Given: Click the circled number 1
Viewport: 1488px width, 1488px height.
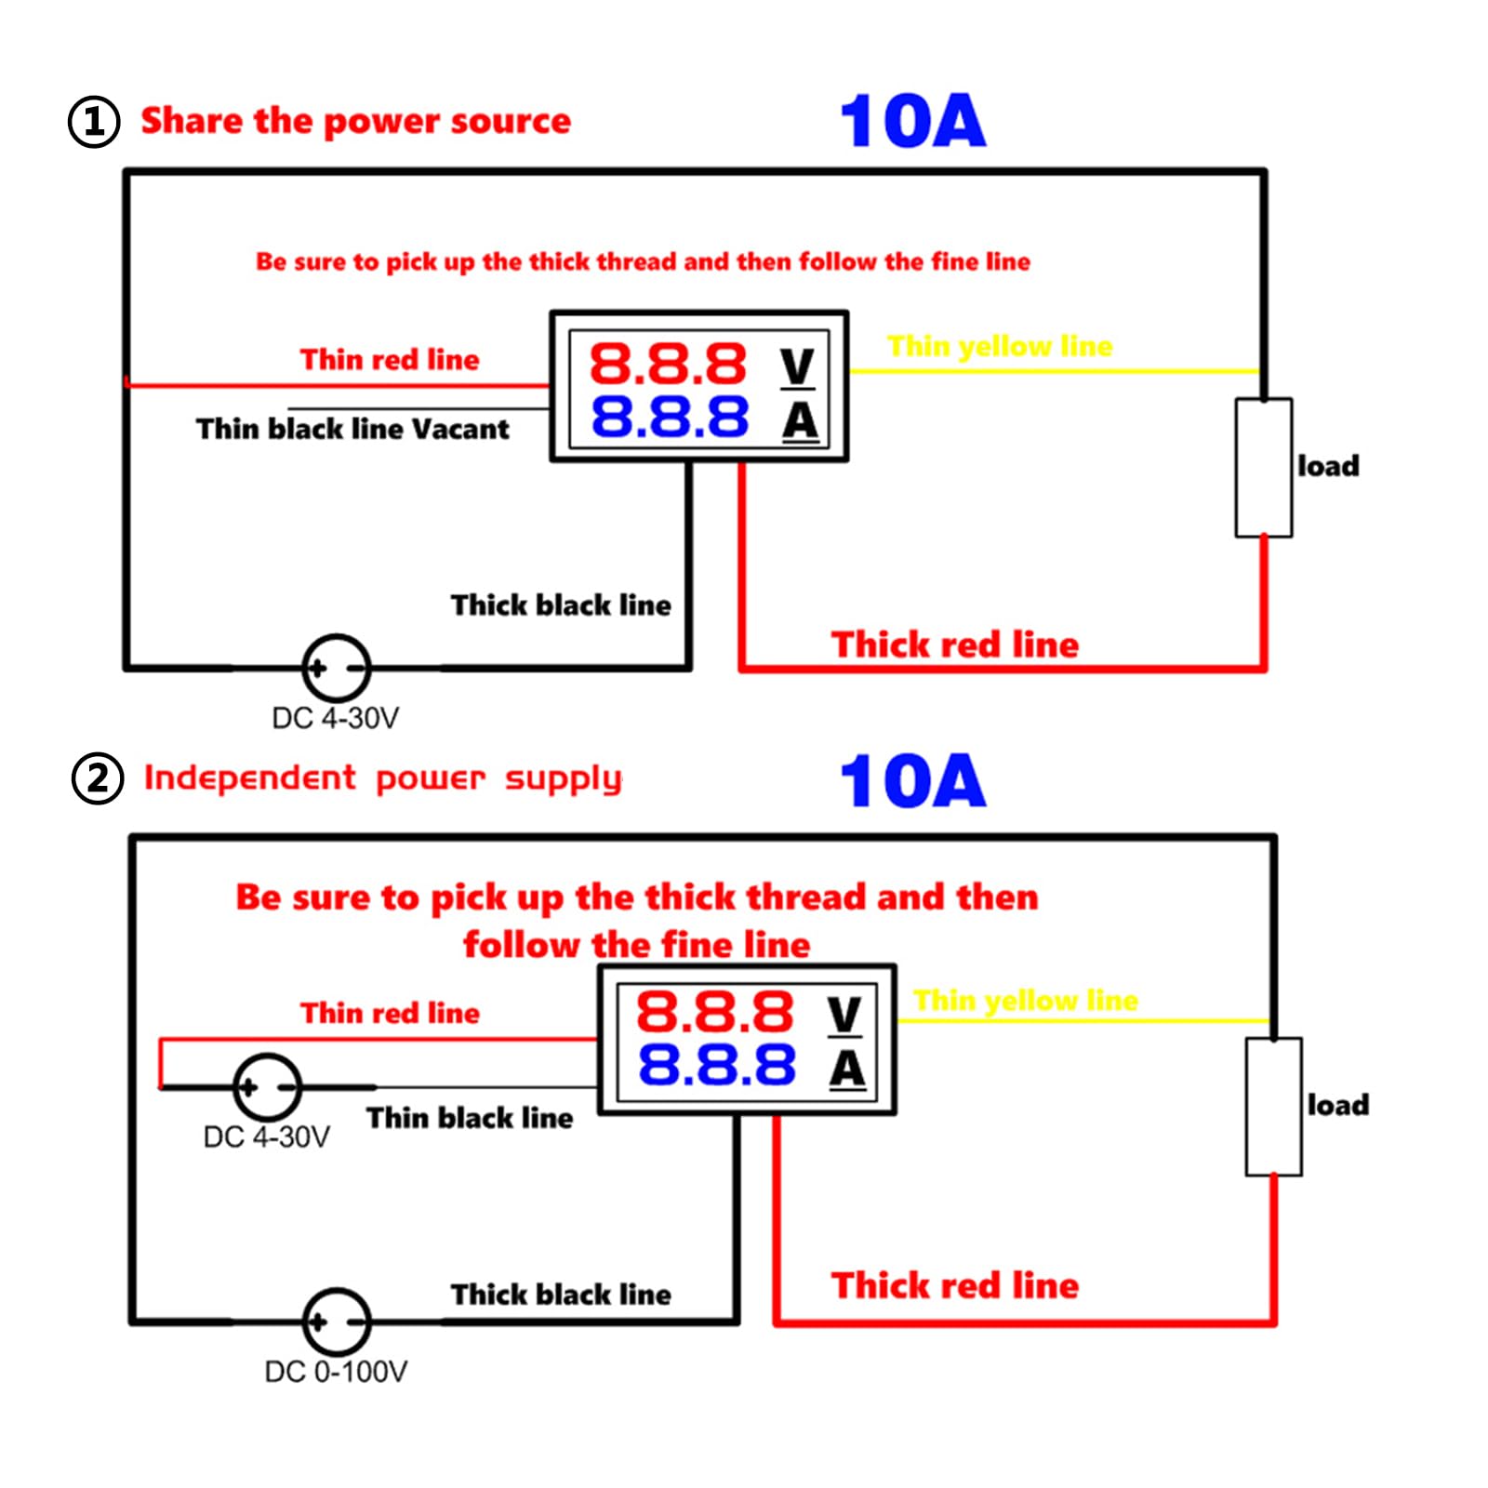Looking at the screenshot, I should [94, 122].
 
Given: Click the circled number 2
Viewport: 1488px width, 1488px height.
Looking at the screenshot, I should [98, 778].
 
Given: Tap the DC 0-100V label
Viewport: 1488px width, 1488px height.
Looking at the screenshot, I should [336, 1372].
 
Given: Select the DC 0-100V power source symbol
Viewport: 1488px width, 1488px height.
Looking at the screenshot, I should [337, 1321].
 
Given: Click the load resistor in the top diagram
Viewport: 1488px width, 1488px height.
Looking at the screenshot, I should [1263, 468].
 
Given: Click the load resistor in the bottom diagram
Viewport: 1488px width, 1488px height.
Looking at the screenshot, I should [1273, 1107].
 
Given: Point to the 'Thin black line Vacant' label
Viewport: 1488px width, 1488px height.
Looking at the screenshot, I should [352, 429].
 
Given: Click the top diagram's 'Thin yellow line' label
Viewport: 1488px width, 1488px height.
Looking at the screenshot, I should [1000, 346].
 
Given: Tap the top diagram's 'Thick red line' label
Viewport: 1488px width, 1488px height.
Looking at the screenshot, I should [955, 644].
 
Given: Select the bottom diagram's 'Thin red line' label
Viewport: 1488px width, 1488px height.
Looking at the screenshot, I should [390, 1013].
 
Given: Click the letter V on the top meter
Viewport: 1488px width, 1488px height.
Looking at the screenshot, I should [798, 366].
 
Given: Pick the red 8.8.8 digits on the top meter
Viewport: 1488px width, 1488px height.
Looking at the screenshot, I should [668, 364].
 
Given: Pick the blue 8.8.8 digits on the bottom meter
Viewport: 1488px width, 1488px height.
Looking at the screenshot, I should [716, 1065].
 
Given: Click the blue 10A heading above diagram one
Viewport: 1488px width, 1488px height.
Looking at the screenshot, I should [912, 121].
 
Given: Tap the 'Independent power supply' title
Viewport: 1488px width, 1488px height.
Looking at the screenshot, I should [382, 778].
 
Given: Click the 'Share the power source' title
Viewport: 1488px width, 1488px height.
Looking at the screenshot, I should [355, 121].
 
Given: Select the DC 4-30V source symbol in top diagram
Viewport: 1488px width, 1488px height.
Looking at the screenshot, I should [337, 668].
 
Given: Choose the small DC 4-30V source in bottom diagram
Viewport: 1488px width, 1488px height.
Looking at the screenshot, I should [268, 1086].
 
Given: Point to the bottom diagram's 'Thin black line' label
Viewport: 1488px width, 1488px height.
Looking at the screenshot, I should [470, 1118].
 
